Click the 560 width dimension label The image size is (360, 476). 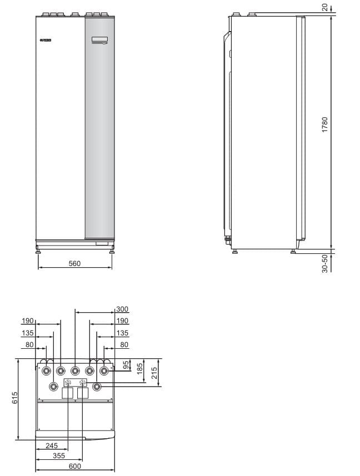(x=74, y=263)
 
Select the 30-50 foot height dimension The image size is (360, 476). (x=324, y=263)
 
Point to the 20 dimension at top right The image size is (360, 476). (x=324, y=7)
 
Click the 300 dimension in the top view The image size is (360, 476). (x=122, y=309)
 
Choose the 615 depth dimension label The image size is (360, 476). (x=16, y=398)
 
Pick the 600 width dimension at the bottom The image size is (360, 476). (x=74, y=466)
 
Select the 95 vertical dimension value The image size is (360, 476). (x=126, y=365)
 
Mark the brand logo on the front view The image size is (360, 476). (x=44, y=40)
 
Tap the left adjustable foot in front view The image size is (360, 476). (x=38, y=251)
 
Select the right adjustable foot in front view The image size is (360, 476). (x=112, y=251)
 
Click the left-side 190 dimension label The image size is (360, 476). (x=28, y=321)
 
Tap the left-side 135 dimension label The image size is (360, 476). (x=28, y=333)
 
